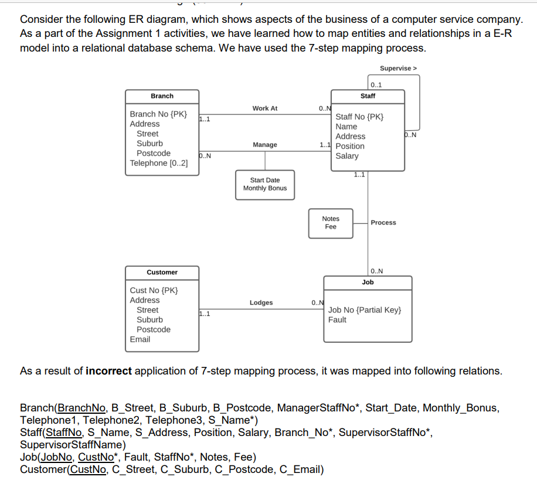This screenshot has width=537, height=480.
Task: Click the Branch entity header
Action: click(162, 96)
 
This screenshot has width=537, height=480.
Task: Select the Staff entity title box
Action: click(368, 96)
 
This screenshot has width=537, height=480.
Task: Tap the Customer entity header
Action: click(162, 273)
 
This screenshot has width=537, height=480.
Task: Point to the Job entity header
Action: click(368, 282)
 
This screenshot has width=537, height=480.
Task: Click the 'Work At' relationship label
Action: click(264, 108)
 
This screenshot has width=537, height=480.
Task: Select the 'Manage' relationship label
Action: click(264, 145)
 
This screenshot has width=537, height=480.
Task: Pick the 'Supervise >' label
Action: click(398, 69)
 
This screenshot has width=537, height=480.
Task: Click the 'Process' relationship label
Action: click(383, 223)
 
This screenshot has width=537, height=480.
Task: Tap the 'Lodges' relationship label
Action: click(261, 303)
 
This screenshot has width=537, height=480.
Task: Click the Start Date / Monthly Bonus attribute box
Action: click(265, 185)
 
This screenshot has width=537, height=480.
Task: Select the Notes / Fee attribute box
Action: click(331, 223)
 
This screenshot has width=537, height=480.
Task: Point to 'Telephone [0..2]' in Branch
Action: click(159, 164)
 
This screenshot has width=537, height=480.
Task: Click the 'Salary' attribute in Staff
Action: click(347, 156)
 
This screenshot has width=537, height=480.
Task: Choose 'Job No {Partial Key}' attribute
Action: click(365, 310)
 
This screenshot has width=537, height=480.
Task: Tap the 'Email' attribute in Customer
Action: click(140, 339)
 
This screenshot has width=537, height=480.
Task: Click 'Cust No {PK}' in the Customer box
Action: click(154, 291)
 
